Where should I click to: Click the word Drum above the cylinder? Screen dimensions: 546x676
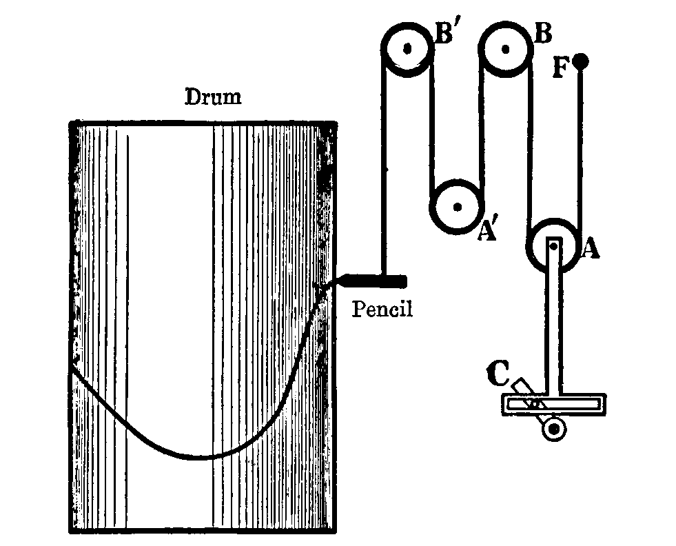point(214,97)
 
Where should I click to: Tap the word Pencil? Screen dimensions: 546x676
point(382,309)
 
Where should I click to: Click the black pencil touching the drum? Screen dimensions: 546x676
point(372,280)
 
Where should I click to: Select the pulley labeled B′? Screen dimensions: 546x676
point(407,49)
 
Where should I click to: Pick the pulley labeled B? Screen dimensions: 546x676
point(506,49)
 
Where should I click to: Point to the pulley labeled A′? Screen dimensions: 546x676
point(456,207)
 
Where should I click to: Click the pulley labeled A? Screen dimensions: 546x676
point(554,247)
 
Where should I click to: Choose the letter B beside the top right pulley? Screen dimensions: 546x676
point(543,33)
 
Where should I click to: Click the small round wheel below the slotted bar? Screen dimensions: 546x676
point(553,429)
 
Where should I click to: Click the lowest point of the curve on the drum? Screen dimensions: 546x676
point(196,457)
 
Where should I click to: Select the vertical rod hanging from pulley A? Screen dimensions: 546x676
point(554,324)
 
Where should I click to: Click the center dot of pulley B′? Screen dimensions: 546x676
point(407,49)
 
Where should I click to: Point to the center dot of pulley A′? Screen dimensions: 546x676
point(456,207)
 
